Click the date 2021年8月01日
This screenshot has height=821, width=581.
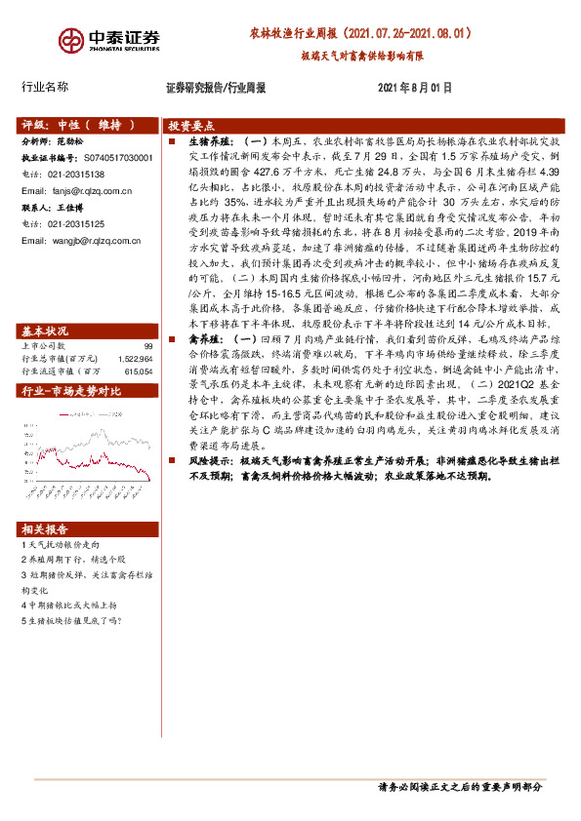[414, 87]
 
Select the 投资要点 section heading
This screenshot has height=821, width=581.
[191, 127]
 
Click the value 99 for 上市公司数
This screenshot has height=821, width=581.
[147, 318]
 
